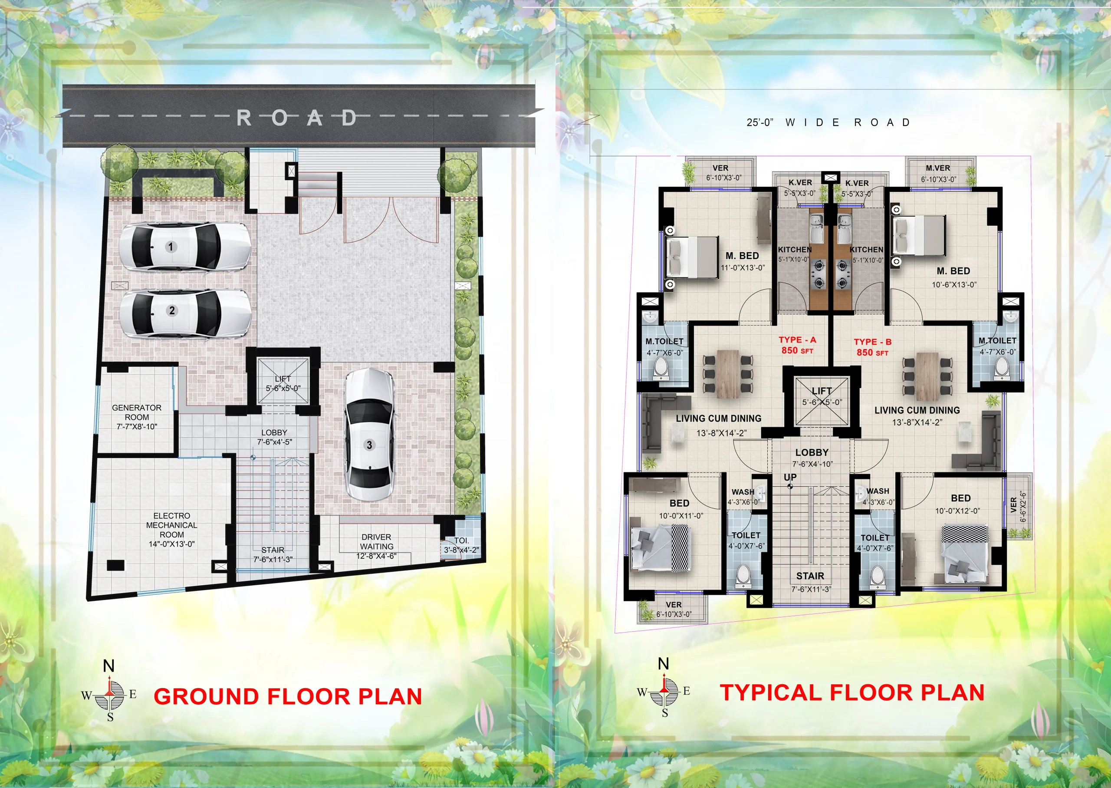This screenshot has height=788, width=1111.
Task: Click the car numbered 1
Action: coord(185,247)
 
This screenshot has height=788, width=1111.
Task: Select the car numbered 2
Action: coord(185,313)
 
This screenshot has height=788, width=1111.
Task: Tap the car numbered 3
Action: coord(369,435)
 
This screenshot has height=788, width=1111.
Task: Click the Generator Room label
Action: coord(137,417)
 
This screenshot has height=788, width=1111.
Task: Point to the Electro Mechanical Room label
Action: coord(172,530)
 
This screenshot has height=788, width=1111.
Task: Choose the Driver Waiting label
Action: coord(376,546)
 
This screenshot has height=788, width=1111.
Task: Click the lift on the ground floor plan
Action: coord(283,380)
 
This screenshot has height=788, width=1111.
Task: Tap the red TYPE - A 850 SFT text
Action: coord(797,345)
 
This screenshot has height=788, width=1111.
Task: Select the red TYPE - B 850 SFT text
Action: coord(872,347)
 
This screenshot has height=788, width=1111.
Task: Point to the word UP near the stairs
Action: coord(790,478)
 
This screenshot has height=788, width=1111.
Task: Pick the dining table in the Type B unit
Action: coord(927,376)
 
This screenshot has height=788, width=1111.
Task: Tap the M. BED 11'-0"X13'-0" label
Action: coord(743,261)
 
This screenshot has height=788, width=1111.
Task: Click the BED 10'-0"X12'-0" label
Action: coord(958,504)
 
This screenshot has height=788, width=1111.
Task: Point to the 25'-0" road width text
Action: coord(760,123)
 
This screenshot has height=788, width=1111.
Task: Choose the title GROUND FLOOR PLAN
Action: coord(288,697)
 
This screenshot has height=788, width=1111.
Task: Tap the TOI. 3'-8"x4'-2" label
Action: coord(462,545)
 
